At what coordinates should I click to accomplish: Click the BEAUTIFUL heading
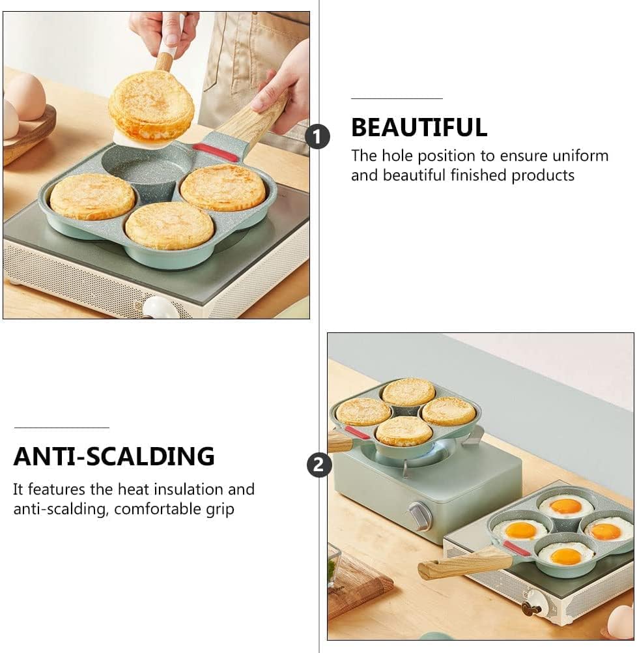(419, 128)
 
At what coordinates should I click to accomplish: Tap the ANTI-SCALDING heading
(114, 456)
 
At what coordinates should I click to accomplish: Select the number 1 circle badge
(317, 137)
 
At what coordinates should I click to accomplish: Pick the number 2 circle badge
(319, 465)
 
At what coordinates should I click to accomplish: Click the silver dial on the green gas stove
(419, 516)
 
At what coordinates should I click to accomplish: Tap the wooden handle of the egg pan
(455, 562)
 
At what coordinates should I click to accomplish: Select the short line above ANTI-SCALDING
(61, 428)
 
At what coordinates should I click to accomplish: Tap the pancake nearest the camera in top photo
(169, 225)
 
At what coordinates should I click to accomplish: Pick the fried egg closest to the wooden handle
(520, 530)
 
